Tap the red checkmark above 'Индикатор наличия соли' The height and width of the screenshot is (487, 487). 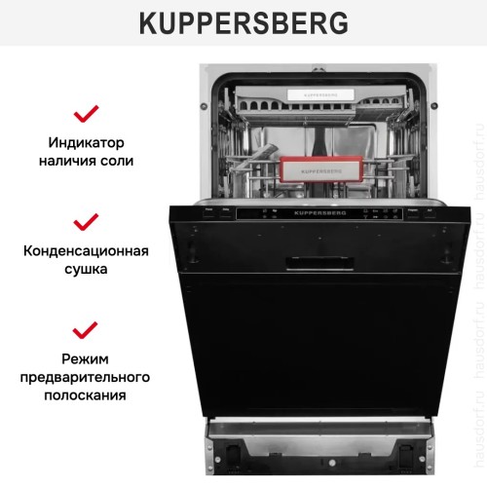pyautogui.click(x=88, y=113)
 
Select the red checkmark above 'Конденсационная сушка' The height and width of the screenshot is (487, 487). pyautogui.click(x=88, y=220)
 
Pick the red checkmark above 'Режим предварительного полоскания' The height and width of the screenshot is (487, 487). pyautogui.click(x=88, y=327)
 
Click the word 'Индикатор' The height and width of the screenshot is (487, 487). pyautogui.click(x=88, y=141)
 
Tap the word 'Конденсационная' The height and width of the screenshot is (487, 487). pyautogui.click(x=87, y=249)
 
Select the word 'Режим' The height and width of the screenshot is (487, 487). pyautogui.click(x=88, y=356)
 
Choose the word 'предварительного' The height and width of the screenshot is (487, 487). pyautogui.click(x=87, y=376)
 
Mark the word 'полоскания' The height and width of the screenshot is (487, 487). pyautogui.click(x=87, y=395)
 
